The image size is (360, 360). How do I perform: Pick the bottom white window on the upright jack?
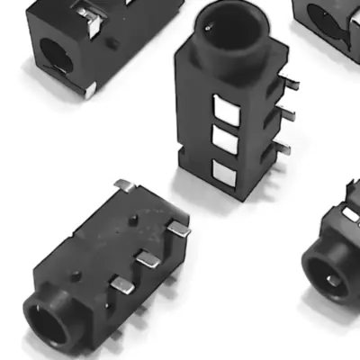(x=223, y=173)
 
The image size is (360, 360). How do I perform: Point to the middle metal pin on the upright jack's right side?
(x=284, y=112)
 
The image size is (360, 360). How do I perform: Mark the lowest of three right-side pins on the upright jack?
(x=282, y=146)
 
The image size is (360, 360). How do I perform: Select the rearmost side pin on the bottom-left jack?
(x=179, y=229)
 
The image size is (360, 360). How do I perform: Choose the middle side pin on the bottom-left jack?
(x=147, y=258)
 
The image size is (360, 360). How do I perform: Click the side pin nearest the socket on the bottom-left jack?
(x=121, y=286)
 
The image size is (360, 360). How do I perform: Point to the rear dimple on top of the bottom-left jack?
(x=134, y=219)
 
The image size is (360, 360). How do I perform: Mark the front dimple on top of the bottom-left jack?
(x=77, y=273)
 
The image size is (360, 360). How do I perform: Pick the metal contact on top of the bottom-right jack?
(x=349, y=213)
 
